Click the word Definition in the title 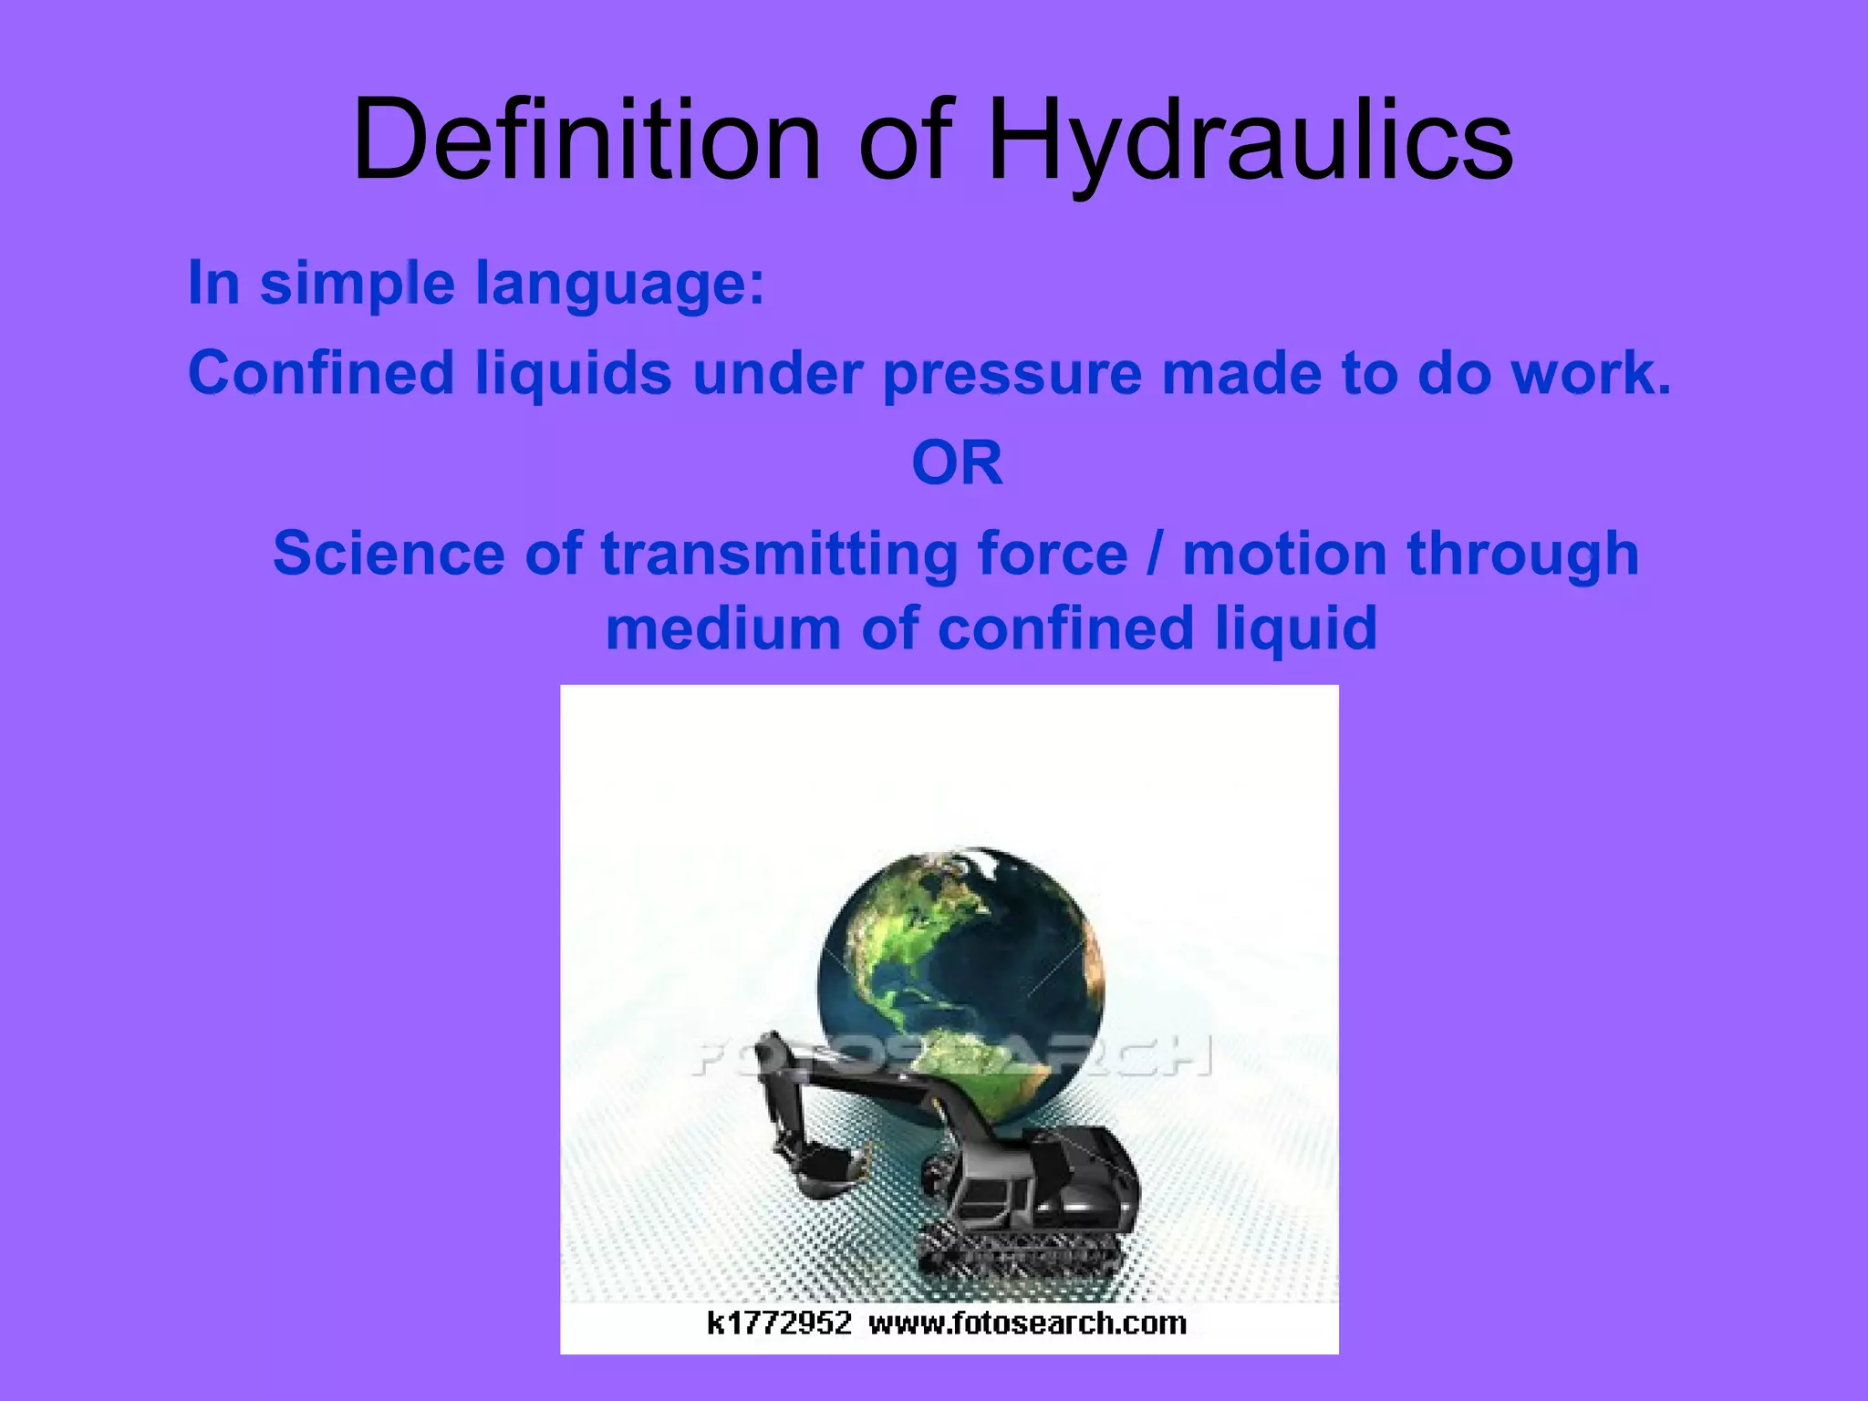(587, 141)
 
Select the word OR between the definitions (957, 462)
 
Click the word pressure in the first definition (1012, 374)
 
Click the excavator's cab (994, 1195)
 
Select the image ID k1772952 (779, 1323)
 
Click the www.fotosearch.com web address (1027, 1323)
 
